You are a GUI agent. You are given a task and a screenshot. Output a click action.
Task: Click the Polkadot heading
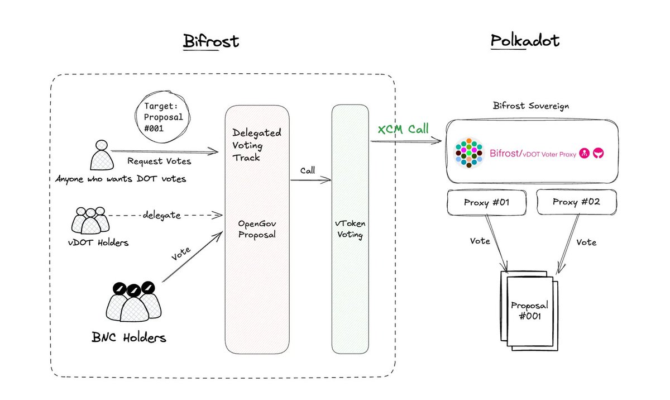(x=525, y=42)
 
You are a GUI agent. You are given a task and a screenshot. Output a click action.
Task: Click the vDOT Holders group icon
(x=89, y=220)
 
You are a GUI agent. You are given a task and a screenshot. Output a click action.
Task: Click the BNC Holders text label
(x=129, y=337)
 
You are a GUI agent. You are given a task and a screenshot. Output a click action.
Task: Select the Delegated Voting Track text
(x=256, y=146)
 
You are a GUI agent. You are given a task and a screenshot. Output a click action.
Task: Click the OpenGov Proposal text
(x=257, y=228)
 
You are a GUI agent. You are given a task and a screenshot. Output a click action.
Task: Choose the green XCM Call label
(x=403, y=130)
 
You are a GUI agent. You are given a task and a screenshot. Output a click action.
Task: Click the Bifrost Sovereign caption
(x=531, y=106)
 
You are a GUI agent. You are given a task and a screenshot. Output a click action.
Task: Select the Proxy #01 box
(x=486, y=202)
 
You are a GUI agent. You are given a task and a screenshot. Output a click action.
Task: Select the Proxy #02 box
(x=576, y=202)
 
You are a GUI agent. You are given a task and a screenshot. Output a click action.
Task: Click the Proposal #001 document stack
(x=529, y=311)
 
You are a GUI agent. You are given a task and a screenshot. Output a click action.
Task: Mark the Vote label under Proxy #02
(x=586, y=242)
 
